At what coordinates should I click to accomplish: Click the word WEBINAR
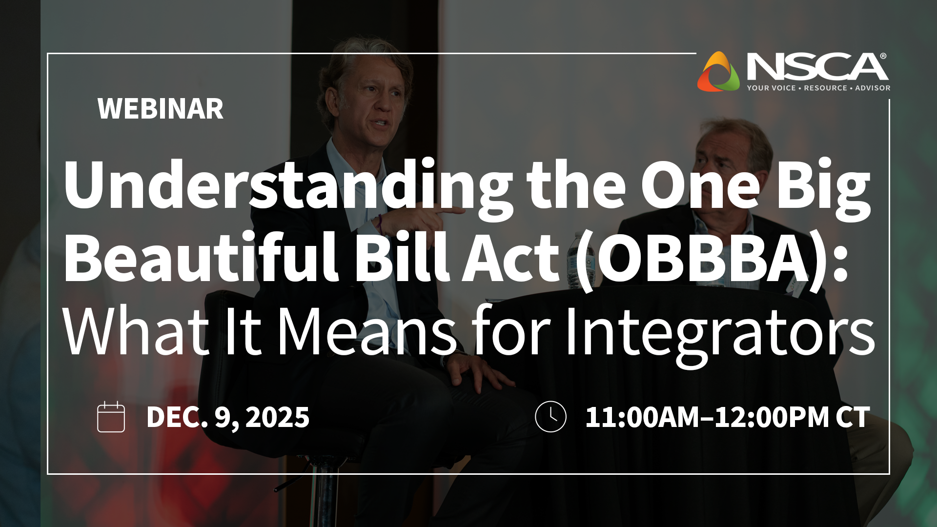click(160, 109)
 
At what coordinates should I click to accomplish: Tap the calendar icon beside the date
click(111, 417)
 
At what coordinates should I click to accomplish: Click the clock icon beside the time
click(550, 417)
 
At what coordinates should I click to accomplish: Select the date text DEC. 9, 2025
click(227, 418)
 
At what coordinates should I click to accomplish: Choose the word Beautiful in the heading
click(200, 259)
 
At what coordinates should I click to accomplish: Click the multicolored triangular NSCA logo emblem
click(718, 72)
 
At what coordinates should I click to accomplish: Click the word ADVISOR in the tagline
click(873, 88)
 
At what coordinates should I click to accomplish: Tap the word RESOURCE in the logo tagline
click(825, 88)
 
